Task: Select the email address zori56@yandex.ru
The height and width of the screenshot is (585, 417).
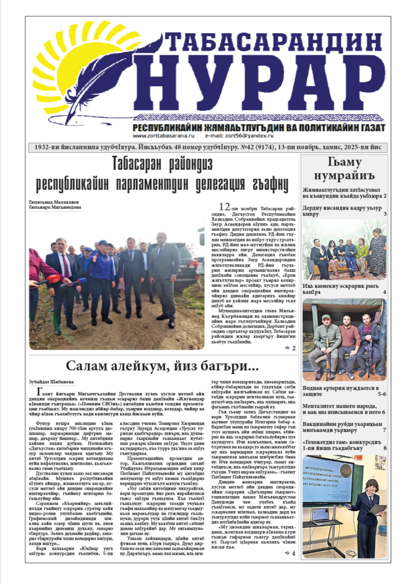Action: pos(250,136)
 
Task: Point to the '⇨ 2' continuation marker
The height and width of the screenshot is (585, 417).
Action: pos(290,347)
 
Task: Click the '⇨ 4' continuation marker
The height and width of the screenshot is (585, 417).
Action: pos(290,553)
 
